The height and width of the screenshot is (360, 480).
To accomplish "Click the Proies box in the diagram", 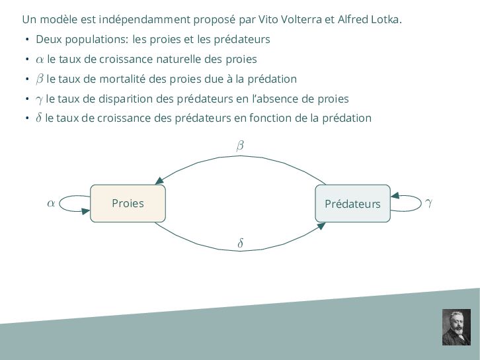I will tap(128, 203).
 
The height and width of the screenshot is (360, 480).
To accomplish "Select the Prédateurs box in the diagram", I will tap(352, 203).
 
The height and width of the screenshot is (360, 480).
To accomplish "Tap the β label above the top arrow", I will tap(240, 145).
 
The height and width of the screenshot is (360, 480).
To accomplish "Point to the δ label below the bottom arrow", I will tap(240, 244).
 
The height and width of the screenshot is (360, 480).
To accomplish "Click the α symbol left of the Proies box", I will tap(51, 203).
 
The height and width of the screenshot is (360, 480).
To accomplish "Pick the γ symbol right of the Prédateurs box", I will tap(429, 202).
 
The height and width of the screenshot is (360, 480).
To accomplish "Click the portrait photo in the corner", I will tap(456, 326).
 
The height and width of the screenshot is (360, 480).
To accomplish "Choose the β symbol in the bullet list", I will tap(40, 79).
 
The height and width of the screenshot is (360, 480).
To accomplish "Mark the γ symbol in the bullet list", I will tap(40, 99).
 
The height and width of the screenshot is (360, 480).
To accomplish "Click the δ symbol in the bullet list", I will tap(39, 118).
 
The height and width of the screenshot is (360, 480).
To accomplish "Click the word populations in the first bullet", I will tap(97, 39).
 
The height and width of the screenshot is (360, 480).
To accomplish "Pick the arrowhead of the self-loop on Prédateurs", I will tap(395, 195).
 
